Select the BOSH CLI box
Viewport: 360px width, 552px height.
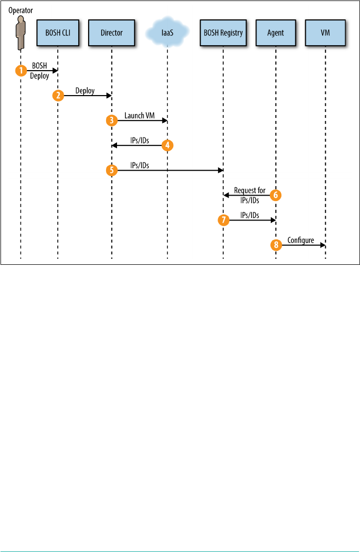[x=57, y=33]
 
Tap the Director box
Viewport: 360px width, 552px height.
[x=112, y=33]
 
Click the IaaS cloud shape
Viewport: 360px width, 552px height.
[x=167, y=33]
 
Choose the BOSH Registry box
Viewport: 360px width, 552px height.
[x=223, y=33]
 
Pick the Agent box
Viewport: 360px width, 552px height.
[x=275, y=33]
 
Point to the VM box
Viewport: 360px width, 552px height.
[x=325, y=33]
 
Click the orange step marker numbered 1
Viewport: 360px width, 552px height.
[x=21, y=71]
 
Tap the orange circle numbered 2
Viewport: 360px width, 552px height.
[x=58, y=96]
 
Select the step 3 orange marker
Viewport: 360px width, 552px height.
[x=112, y=120]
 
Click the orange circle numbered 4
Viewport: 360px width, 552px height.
[x=168, y=145]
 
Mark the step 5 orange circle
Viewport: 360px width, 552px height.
[x=112, y=170]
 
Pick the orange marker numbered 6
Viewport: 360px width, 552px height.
[x=275, y=195]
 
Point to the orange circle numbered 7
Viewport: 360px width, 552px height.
[x=223, y=220]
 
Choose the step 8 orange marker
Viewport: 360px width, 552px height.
[x=275, y=245]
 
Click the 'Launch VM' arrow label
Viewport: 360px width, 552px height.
[x=139, y=116]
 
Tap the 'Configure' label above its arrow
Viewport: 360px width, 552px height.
[x=301, y=240]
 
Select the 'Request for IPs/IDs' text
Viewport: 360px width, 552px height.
[x=250, y=195]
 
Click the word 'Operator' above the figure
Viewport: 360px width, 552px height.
[x=20, y=9]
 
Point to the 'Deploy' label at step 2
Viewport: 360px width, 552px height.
[x=86, y=91]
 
